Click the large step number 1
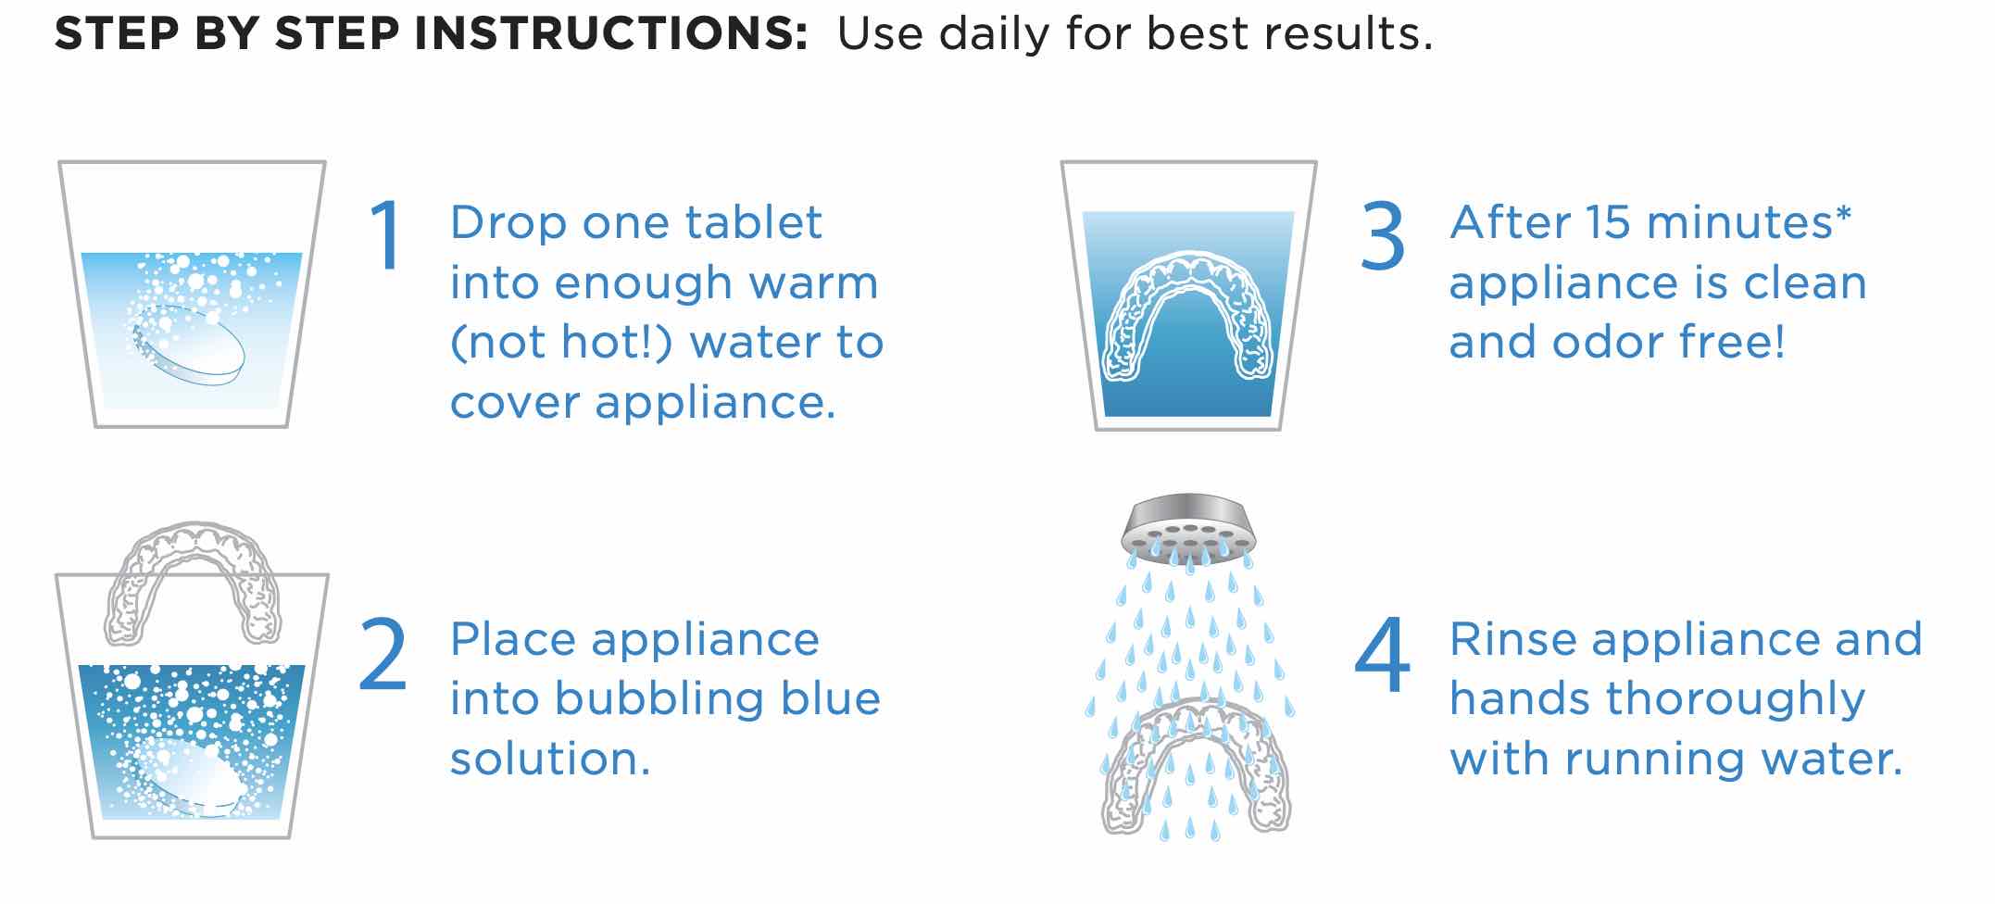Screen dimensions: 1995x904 coord(385,235)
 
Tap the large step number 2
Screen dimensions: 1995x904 coord(383,655)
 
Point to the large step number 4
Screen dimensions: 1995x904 coord(1382,655)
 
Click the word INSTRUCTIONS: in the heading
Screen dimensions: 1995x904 coord(611,34)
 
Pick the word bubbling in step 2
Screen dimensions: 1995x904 coord(660,698)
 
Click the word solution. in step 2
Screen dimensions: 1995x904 coord(550,759)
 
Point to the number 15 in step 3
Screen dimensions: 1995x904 coord(1608,222)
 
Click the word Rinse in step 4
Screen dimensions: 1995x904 coord(1512,639)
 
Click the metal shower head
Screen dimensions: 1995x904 coord(1189,528)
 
